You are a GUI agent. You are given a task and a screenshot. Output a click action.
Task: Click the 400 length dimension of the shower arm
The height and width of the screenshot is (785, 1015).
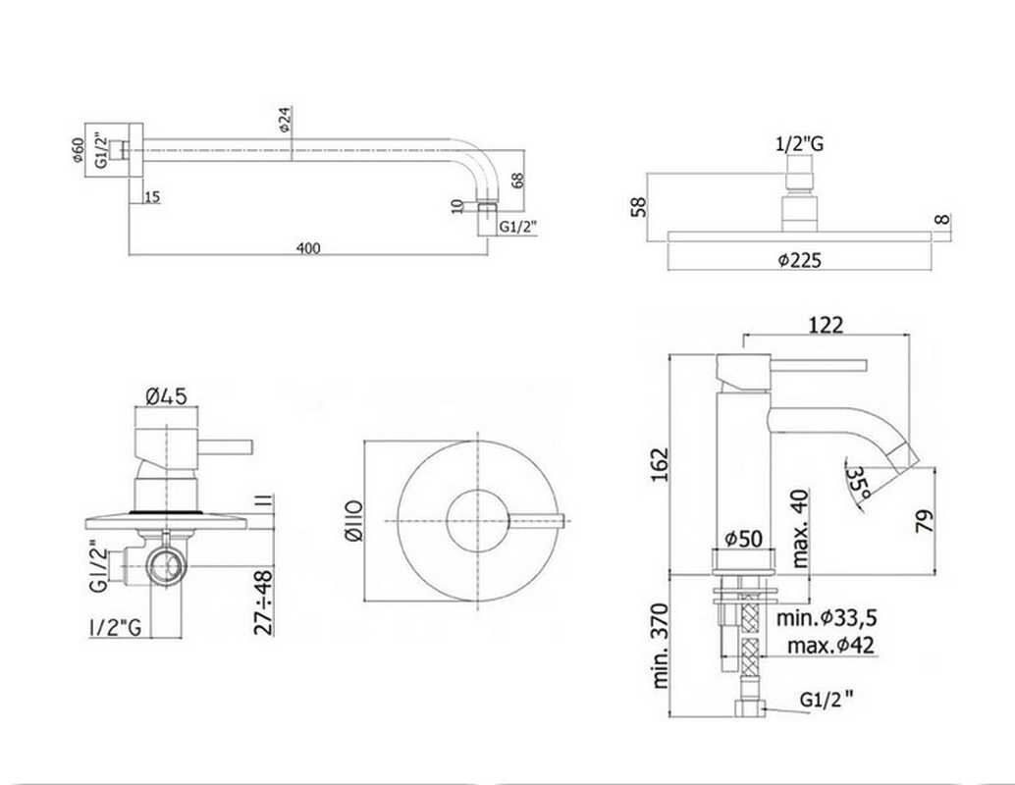tap(308, 247)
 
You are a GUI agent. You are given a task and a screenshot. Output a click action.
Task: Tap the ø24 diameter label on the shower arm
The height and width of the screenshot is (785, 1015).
tap(286, 120)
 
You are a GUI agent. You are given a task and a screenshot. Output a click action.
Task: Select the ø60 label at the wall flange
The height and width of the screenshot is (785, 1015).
tap(78, 150)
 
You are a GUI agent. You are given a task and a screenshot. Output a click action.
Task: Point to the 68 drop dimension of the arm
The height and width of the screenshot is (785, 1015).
tap(517, 180)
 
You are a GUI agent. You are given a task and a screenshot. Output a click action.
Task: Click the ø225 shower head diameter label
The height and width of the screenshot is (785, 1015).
tap(799, 260)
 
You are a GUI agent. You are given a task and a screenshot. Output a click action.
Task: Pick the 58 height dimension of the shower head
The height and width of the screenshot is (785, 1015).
tap(638, 207)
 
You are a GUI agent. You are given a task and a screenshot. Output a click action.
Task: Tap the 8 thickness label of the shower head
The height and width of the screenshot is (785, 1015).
tap(943, 219)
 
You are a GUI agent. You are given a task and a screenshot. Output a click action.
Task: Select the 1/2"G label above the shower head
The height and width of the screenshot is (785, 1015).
tap(799, 143)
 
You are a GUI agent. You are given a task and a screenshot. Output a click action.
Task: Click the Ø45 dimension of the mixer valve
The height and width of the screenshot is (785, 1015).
tap(166, 394)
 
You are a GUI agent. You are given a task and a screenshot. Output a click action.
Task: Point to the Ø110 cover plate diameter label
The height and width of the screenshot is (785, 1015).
tap(354, 521)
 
